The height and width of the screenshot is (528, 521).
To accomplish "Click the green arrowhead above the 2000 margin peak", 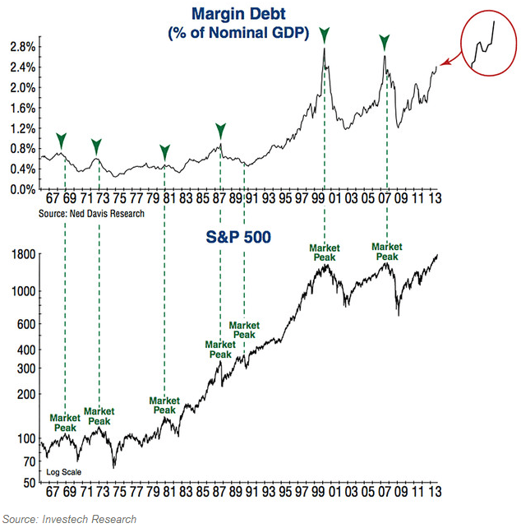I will coord(325,35).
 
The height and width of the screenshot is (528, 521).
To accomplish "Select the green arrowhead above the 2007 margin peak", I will coord(384,41).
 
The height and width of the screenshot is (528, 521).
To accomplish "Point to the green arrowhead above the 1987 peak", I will coord(220,130).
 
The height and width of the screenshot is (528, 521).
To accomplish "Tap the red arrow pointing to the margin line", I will coord(448,60).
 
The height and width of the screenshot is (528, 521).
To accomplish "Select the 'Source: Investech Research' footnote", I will coord(70,518).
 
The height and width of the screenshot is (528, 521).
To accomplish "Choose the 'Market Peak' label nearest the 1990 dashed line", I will coord(244,331).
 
